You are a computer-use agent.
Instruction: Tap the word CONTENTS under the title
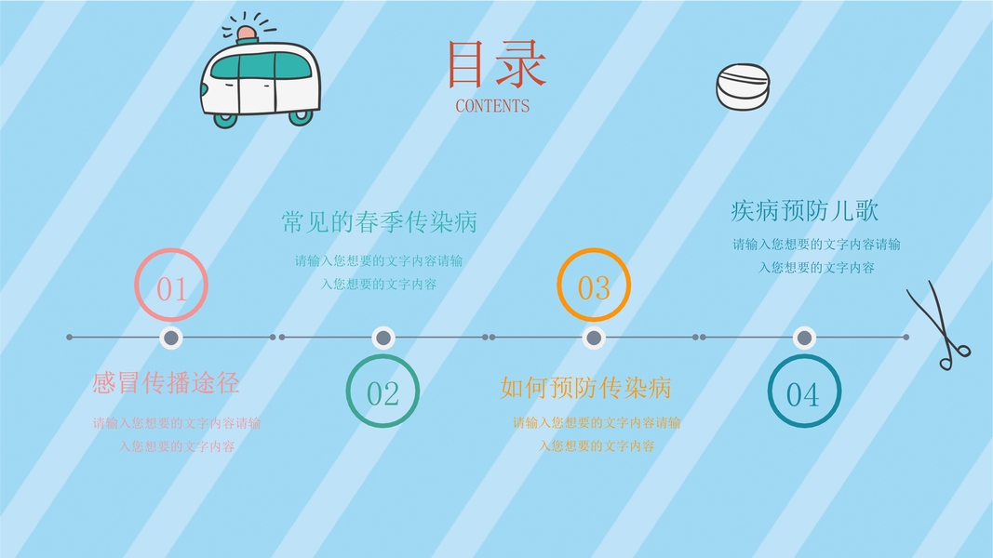(492, 106)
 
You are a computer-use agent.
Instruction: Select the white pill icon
(744, 86)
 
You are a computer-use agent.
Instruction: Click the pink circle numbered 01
(171, 286)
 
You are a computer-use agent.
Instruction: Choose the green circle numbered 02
(382, 392)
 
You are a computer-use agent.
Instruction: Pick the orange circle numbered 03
(594, 286)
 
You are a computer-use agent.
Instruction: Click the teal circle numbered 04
(804, 392)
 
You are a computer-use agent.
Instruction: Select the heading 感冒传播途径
(166, 382)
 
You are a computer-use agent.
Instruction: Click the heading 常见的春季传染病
(379, 222)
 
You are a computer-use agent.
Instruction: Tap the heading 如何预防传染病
(585, 386)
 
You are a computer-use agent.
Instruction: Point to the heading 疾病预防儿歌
(804, 211)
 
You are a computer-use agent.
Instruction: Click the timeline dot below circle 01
(170, 338)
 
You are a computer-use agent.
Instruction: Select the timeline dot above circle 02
(382, 338)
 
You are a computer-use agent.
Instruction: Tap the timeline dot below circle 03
(594, 338)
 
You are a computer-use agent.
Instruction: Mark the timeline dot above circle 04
(804, 338)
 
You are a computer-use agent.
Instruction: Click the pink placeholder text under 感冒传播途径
(177, 434)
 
